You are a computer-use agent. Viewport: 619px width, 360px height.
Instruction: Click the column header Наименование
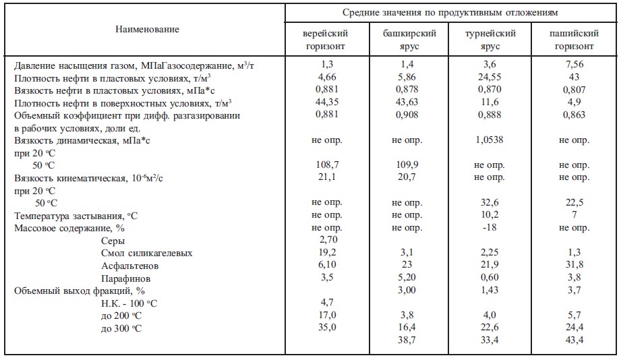click(146, 30)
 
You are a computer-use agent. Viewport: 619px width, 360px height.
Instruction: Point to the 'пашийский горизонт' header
click(574, 40)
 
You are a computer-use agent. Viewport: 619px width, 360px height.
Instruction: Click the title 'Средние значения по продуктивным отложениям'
click(450, 13)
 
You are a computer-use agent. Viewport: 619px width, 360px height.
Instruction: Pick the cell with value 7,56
click(574, 65)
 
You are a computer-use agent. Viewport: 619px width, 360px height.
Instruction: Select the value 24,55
click(490, 78)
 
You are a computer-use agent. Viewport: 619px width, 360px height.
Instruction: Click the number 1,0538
click(490, 140)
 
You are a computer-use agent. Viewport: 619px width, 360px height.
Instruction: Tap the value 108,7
click(327, 165)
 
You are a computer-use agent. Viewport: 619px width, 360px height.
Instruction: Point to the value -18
click(490, 228)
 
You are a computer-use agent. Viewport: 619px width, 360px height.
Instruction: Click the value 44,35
click(327, 102)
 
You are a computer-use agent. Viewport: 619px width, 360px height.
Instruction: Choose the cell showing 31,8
click(574, 265)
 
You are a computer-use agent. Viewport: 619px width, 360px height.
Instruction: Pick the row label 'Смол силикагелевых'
click(147, 253)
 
